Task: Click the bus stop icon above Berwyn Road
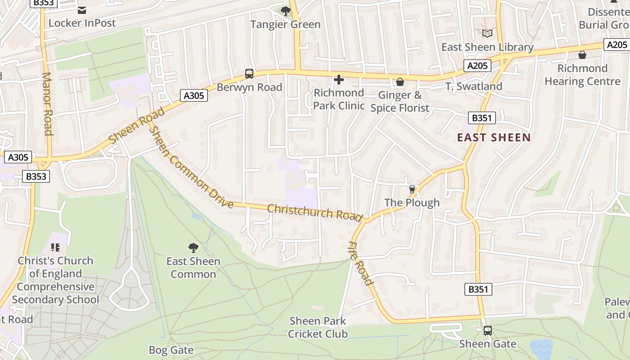coord(249,74)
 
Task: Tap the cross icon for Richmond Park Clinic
coord(338,80)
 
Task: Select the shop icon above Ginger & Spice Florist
coord(400,82)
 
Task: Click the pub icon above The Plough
coord(412,189)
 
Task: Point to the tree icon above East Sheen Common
coord(193,247)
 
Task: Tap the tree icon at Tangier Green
coord(285,11)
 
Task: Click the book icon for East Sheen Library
coord(487,33)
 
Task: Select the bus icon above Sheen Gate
coord(487,331)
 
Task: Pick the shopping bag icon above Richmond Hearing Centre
coord(582,55)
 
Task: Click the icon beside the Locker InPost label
coord(82,10)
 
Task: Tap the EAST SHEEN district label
coord(494,138)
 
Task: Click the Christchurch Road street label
coord(315,212)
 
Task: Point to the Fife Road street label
coord(361,263)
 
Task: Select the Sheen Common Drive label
coord(191,167)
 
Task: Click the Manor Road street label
coord(47,103)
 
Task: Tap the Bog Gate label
coord(171,350)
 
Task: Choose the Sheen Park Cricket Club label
coord(318,327)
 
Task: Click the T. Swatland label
coord(473,86)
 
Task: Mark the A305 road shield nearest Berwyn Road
coord(194,95)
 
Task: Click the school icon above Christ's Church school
coord(55,247)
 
